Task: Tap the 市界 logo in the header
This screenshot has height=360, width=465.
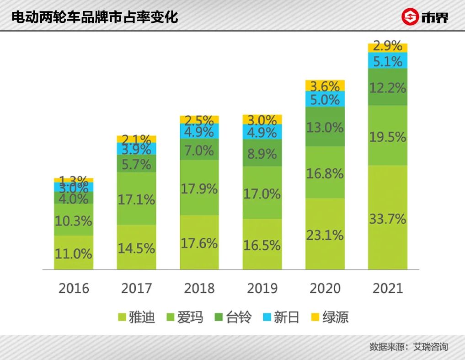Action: pos(425,17)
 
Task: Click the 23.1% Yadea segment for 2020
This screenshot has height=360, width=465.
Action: pos(325,234)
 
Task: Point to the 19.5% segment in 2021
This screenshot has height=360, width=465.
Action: pos(388,136)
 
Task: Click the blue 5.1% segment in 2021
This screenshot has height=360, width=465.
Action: pos(388,60)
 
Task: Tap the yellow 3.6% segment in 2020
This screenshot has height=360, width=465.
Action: pos(325,86)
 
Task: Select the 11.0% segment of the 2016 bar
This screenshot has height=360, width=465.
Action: pos(74,253)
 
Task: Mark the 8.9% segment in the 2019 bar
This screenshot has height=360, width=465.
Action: pos(262,153)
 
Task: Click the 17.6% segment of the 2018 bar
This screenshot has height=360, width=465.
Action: pos(199,242)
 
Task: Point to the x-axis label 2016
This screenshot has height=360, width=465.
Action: pos(74,289)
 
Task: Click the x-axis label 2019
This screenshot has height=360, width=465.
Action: pos(262,289)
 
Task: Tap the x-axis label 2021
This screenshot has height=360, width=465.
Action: pos(388,289)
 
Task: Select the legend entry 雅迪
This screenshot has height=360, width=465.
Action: pos(136,317)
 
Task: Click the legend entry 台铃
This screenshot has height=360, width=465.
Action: pos(233,317)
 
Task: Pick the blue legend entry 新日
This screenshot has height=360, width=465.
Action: pos(281,317)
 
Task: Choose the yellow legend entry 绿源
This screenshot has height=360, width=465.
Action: pos(329,317)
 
